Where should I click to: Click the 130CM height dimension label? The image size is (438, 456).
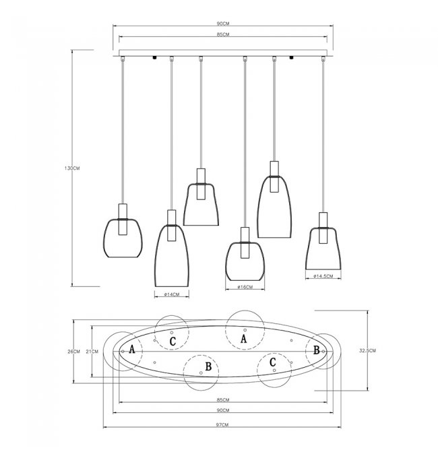coord(72,168)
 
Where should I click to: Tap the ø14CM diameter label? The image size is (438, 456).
coord(172,294)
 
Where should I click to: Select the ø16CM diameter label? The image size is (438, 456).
coord(245,287)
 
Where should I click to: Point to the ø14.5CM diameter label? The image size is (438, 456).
coord(323,276)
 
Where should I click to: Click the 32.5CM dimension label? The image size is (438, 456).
coord(367,351)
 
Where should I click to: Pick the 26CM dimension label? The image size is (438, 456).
coord(73,352)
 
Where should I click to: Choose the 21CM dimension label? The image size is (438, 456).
coord(92,352)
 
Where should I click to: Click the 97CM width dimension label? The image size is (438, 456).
coord(222,425)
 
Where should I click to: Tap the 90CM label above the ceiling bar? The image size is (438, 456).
coord(223,24)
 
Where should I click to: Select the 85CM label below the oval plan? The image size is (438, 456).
coord(223,400)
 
